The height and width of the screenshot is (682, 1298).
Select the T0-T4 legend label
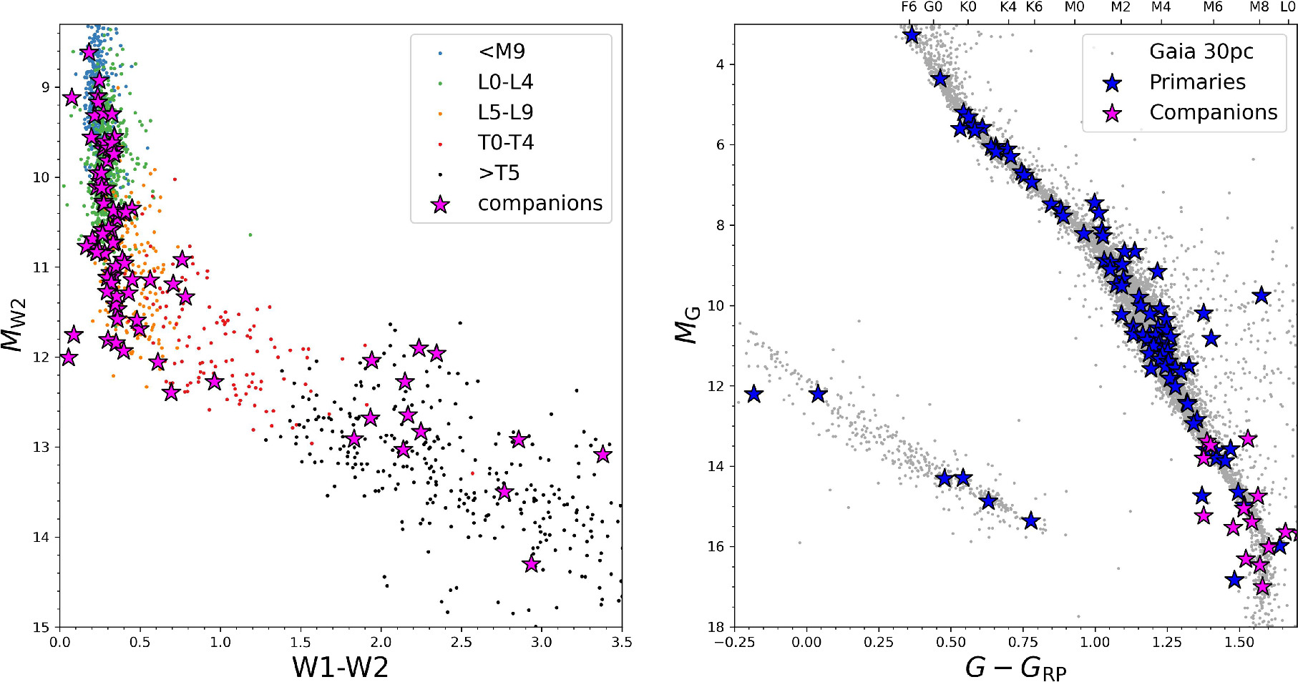[506, 143]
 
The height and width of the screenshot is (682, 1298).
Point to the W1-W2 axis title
[340, 666]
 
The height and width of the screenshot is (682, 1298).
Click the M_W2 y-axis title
[14, 325]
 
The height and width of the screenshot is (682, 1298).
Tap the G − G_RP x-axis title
[1015, 668]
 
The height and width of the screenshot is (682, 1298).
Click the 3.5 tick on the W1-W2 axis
[621, 642]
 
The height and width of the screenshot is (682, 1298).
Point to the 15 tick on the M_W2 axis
[41, 627]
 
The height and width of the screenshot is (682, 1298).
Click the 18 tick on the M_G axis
[716, 627]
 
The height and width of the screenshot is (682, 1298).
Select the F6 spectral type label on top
[909, 7]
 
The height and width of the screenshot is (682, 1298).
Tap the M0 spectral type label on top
[1074, 7]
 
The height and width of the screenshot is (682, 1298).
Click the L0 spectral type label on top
[1287, 7]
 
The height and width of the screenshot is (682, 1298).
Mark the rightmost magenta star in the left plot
[602, 454]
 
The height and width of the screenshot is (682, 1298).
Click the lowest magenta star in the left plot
[531, 564]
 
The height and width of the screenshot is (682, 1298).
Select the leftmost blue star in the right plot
[753, 394]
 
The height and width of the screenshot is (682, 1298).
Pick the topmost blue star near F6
[911, 35]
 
